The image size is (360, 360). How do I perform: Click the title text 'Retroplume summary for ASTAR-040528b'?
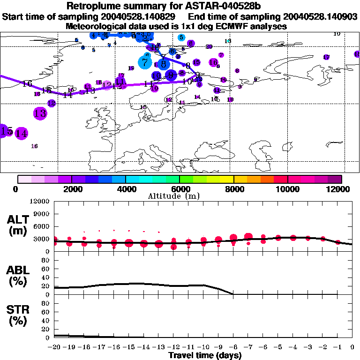click(180, 6)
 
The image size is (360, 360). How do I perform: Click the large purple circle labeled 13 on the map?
click(40, 113)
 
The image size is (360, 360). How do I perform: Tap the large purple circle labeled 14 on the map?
click(21, 133)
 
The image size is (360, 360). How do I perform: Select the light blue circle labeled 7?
click(145, 61)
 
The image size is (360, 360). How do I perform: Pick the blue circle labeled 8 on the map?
click(163, 63)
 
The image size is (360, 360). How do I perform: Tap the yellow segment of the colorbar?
click(227, 179)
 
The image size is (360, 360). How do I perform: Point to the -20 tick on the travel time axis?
click(54, 347)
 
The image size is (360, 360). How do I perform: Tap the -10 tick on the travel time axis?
click(203, 347)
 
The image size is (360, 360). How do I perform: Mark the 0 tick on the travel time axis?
click(352, 347)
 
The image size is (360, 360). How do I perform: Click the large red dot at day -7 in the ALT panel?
click(248, 237)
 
